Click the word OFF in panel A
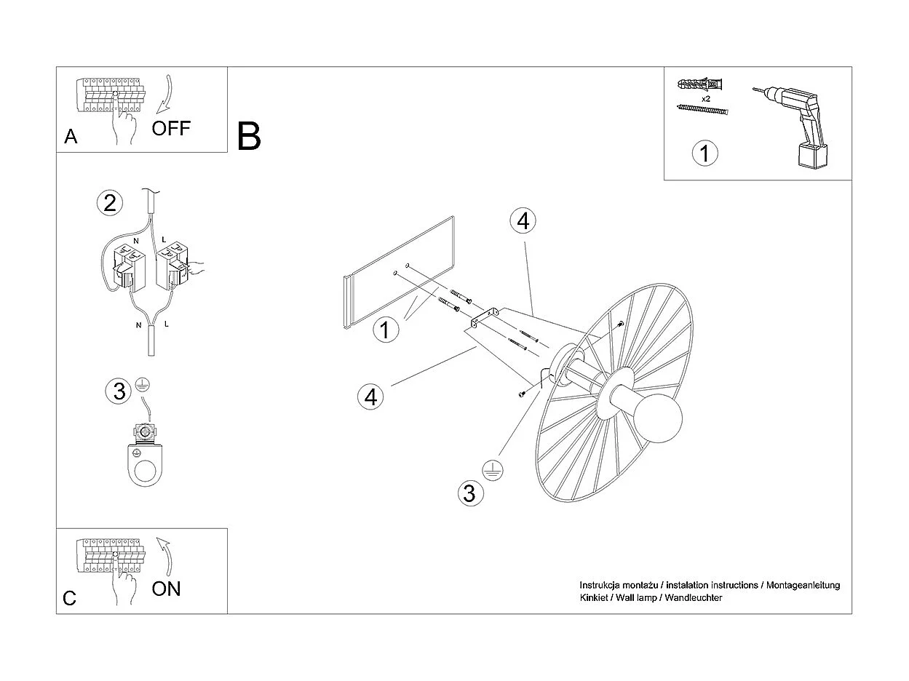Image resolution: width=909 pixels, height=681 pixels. pos(171,129)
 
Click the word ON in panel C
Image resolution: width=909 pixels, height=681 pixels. pos(166,589)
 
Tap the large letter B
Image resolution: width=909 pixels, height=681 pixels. pos(249,136)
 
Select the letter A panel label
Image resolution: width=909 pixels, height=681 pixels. pos(71,137)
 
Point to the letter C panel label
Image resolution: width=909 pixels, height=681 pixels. pos(70,598)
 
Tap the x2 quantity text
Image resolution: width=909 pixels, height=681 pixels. pos(705,98)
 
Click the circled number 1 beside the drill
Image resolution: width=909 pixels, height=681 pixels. pos(704,154)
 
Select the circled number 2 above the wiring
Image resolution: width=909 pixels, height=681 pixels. pos(110,202)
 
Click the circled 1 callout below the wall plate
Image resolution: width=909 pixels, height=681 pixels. pos(385,330)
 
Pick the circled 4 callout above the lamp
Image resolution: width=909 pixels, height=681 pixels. pos(523,220)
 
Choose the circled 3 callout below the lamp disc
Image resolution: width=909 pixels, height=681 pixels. pos(469,493)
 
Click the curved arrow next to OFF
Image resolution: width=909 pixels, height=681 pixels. pos(165,93)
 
